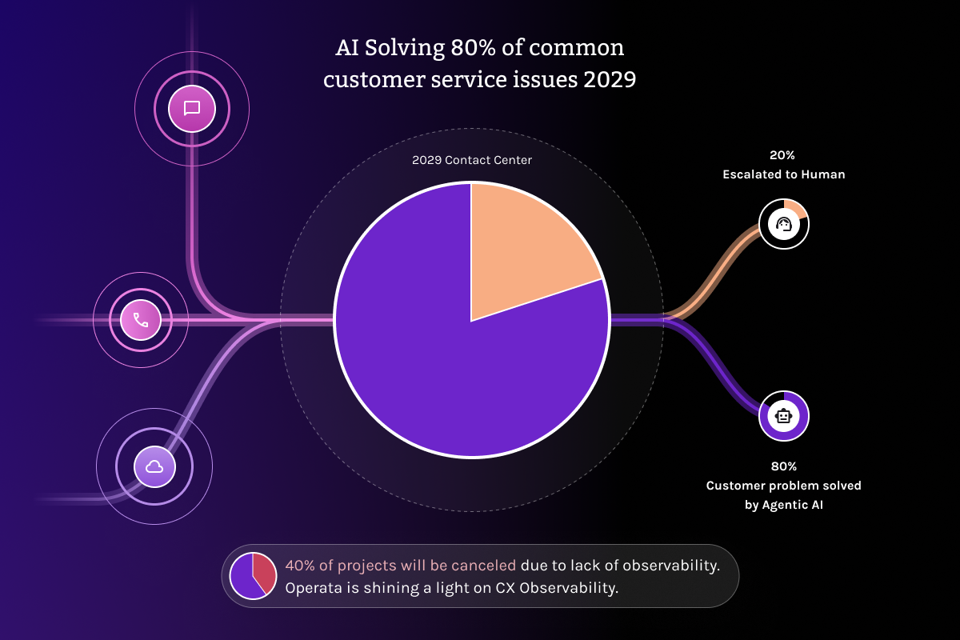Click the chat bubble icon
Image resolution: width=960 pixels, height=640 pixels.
192,108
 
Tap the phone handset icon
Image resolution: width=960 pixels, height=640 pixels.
141,320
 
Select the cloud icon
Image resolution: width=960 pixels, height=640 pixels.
154,466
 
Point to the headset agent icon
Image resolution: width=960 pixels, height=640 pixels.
784,224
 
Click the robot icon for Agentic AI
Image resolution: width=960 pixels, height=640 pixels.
784,416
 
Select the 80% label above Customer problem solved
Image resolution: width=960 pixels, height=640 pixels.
784,466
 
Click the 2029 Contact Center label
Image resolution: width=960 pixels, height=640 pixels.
472,160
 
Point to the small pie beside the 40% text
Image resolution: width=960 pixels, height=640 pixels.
253,576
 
